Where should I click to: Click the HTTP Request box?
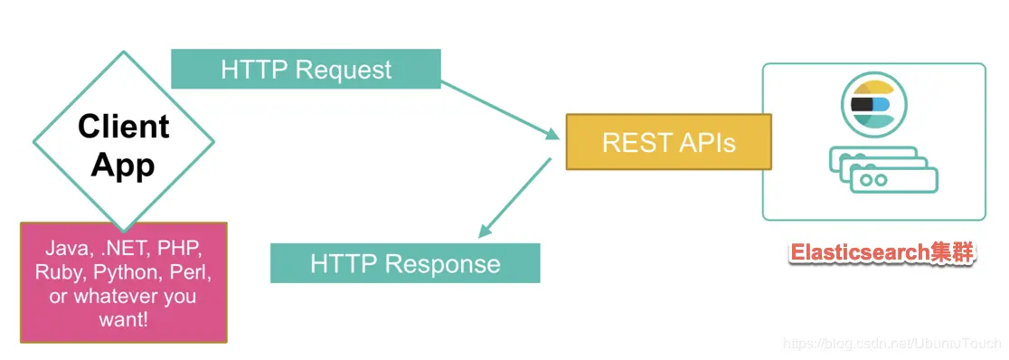(x=306, y=69)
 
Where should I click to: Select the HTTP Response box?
(x=405, y=262)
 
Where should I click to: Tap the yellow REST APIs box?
(x=668, y=142)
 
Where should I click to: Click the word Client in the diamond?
(x=124, y=127)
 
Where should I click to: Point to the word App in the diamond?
(x=123, y=165)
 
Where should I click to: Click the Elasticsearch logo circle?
(x=874, y=105)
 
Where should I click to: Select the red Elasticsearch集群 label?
(x=882, y=252)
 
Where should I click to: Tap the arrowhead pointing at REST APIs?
(x=552, y=134)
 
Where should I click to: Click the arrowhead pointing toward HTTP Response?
(x=486, y=230)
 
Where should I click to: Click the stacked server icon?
(x=883, y=169)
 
